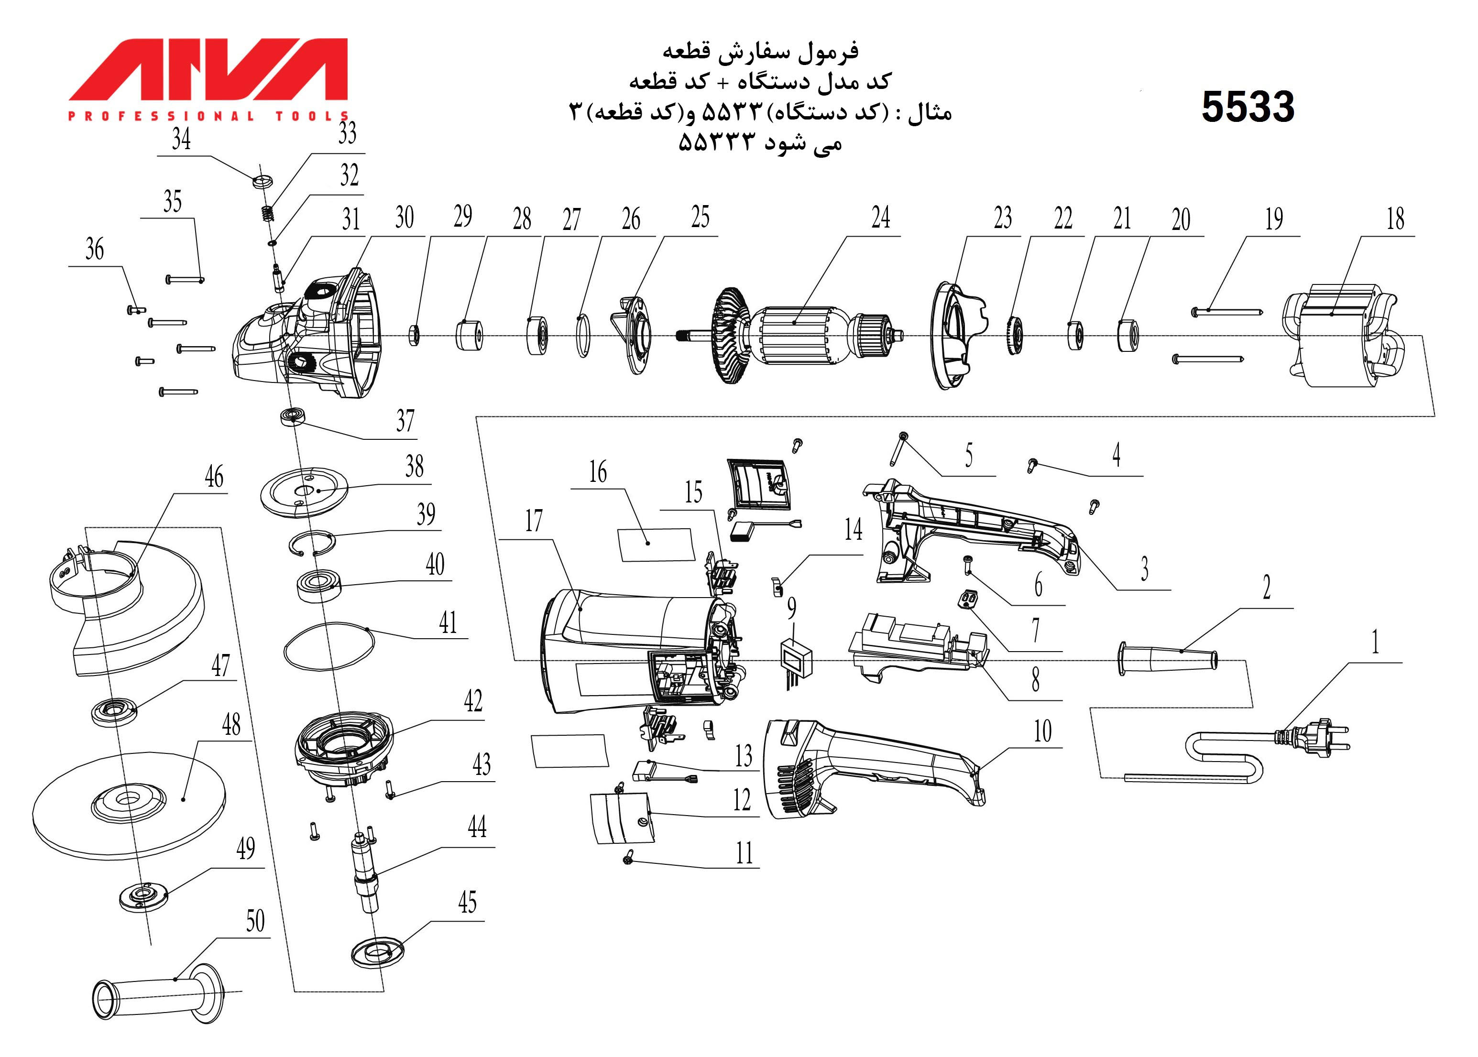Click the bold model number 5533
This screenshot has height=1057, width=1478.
click(1248, 107)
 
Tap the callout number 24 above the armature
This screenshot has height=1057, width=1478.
click(881, 218)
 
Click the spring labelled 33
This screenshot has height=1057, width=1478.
click(266, 213)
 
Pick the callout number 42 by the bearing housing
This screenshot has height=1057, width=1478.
click(473, 701)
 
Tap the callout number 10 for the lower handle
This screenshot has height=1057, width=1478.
click(1042, 731)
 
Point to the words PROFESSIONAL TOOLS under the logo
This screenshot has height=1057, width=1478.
click(209, 117)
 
